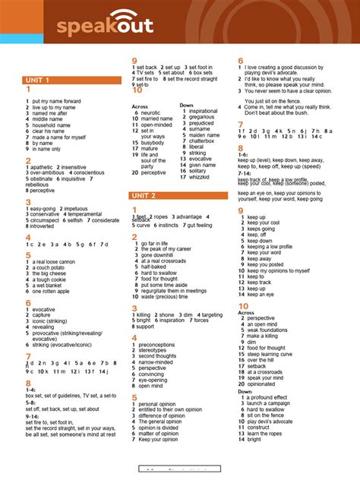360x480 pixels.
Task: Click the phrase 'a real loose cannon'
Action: pos(55,261)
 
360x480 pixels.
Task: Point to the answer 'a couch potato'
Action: pos(49,267)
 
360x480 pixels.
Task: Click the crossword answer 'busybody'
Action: pos(153,142)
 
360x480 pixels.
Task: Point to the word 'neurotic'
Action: pos(151,112)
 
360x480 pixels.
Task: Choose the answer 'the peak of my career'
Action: pos(166,249)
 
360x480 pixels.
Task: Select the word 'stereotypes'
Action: pos(156,350)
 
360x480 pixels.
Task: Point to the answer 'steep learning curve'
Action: pos(273,354)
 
